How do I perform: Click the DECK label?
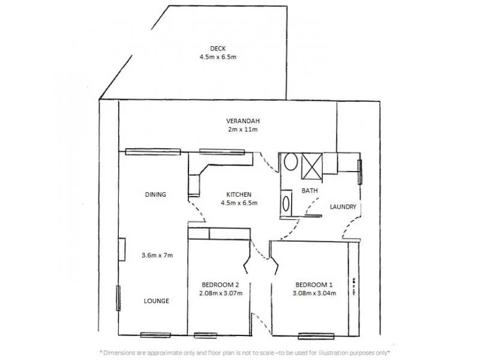[217, 49]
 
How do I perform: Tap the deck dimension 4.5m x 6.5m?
[217, 58]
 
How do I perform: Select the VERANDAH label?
[242, 121]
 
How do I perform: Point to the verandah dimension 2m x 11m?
[242, 129]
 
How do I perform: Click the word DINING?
[155, 194]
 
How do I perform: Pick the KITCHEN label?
[238, 194]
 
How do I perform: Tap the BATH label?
[309, 191]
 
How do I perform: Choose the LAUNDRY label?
[343, 207]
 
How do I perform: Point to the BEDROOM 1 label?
[314, 284]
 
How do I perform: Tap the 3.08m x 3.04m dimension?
[314, 293]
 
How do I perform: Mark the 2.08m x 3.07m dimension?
[218, 293]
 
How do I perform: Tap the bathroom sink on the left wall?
[286, 202]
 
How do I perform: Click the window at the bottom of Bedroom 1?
[316, 336]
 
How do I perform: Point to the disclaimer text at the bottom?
[244, 352]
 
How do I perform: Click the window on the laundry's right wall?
[361, 172]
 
